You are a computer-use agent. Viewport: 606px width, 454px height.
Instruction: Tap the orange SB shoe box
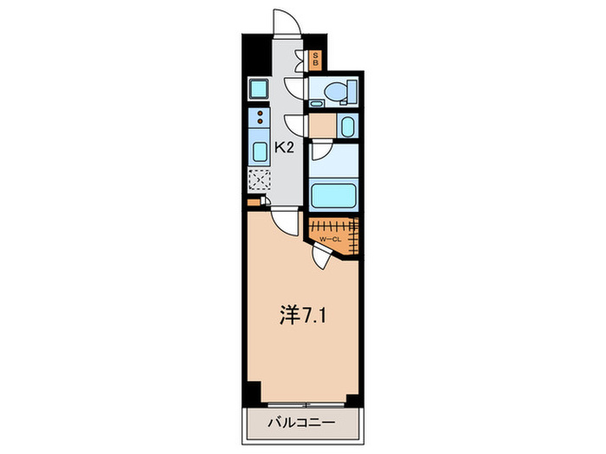315,60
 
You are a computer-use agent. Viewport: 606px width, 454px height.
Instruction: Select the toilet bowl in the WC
340,90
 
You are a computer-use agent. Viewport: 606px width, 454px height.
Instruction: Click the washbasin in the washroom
347,127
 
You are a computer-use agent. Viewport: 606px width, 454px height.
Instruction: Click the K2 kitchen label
285,148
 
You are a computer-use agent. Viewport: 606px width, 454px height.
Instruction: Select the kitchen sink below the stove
259,153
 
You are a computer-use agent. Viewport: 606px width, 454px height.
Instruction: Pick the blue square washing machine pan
258,88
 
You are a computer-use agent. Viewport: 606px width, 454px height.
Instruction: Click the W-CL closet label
329,239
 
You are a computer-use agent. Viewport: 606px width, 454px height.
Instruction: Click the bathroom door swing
319,152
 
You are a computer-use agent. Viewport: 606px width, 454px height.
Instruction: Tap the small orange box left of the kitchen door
253,202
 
